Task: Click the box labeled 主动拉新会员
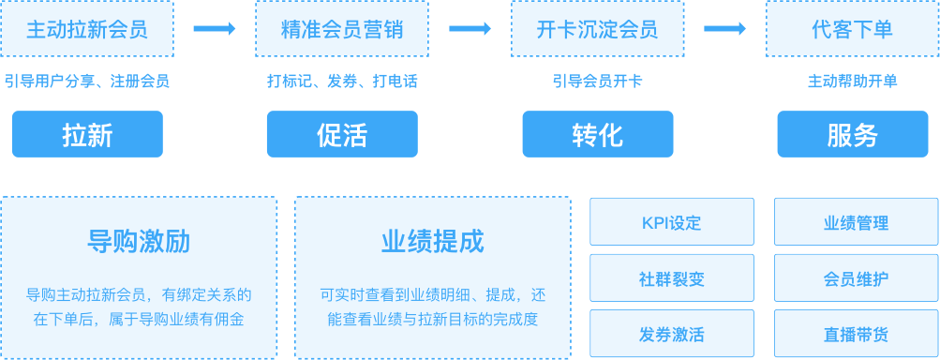(87, 29)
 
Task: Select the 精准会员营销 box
(342, 29)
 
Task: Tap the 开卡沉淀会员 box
(597, 29)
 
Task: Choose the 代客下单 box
(852, 29)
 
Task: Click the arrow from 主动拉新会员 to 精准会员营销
(215, 29)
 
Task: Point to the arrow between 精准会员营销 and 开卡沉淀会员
(470, 29)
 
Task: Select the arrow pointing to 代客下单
(724, 29)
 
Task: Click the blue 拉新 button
(87, 134)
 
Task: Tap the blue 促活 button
(342, 134)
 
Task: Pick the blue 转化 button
(597, 134)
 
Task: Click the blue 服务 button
(852, 134)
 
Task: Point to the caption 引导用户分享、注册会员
(87, 82)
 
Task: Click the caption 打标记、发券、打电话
(342, 82)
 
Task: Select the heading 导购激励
(139, 242)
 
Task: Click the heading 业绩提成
(432, 242)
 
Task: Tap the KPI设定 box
(671, 223)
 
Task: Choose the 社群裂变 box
(671, 278)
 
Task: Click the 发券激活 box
(671, 334)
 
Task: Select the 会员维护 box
(856, 278)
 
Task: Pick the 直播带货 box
(856, 334)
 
